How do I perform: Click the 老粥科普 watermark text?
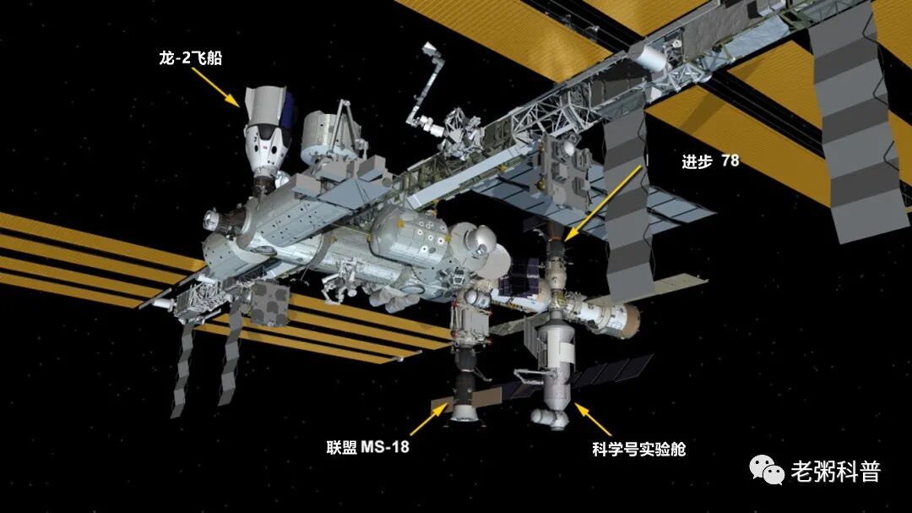click(834, 471)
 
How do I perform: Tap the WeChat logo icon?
click(767, 470)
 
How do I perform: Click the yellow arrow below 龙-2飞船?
click(217, 86)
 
